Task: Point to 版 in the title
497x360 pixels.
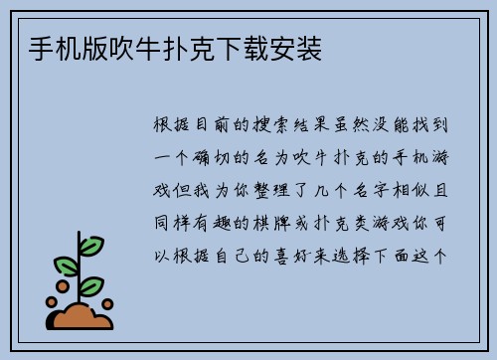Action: pyautogui.click(x=95, y=48)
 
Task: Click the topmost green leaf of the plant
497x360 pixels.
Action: pyautogui.click(x=90, y=245)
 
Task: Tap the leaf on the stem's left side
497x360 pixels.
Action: pyautogui.click(x=66, y=266)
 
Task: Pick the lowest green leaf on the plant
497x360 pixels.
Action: pyautogui.click(x=91, y=285)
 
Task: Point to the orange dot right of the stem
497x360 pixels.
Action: pyautogui.click(x=107, y=303)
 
